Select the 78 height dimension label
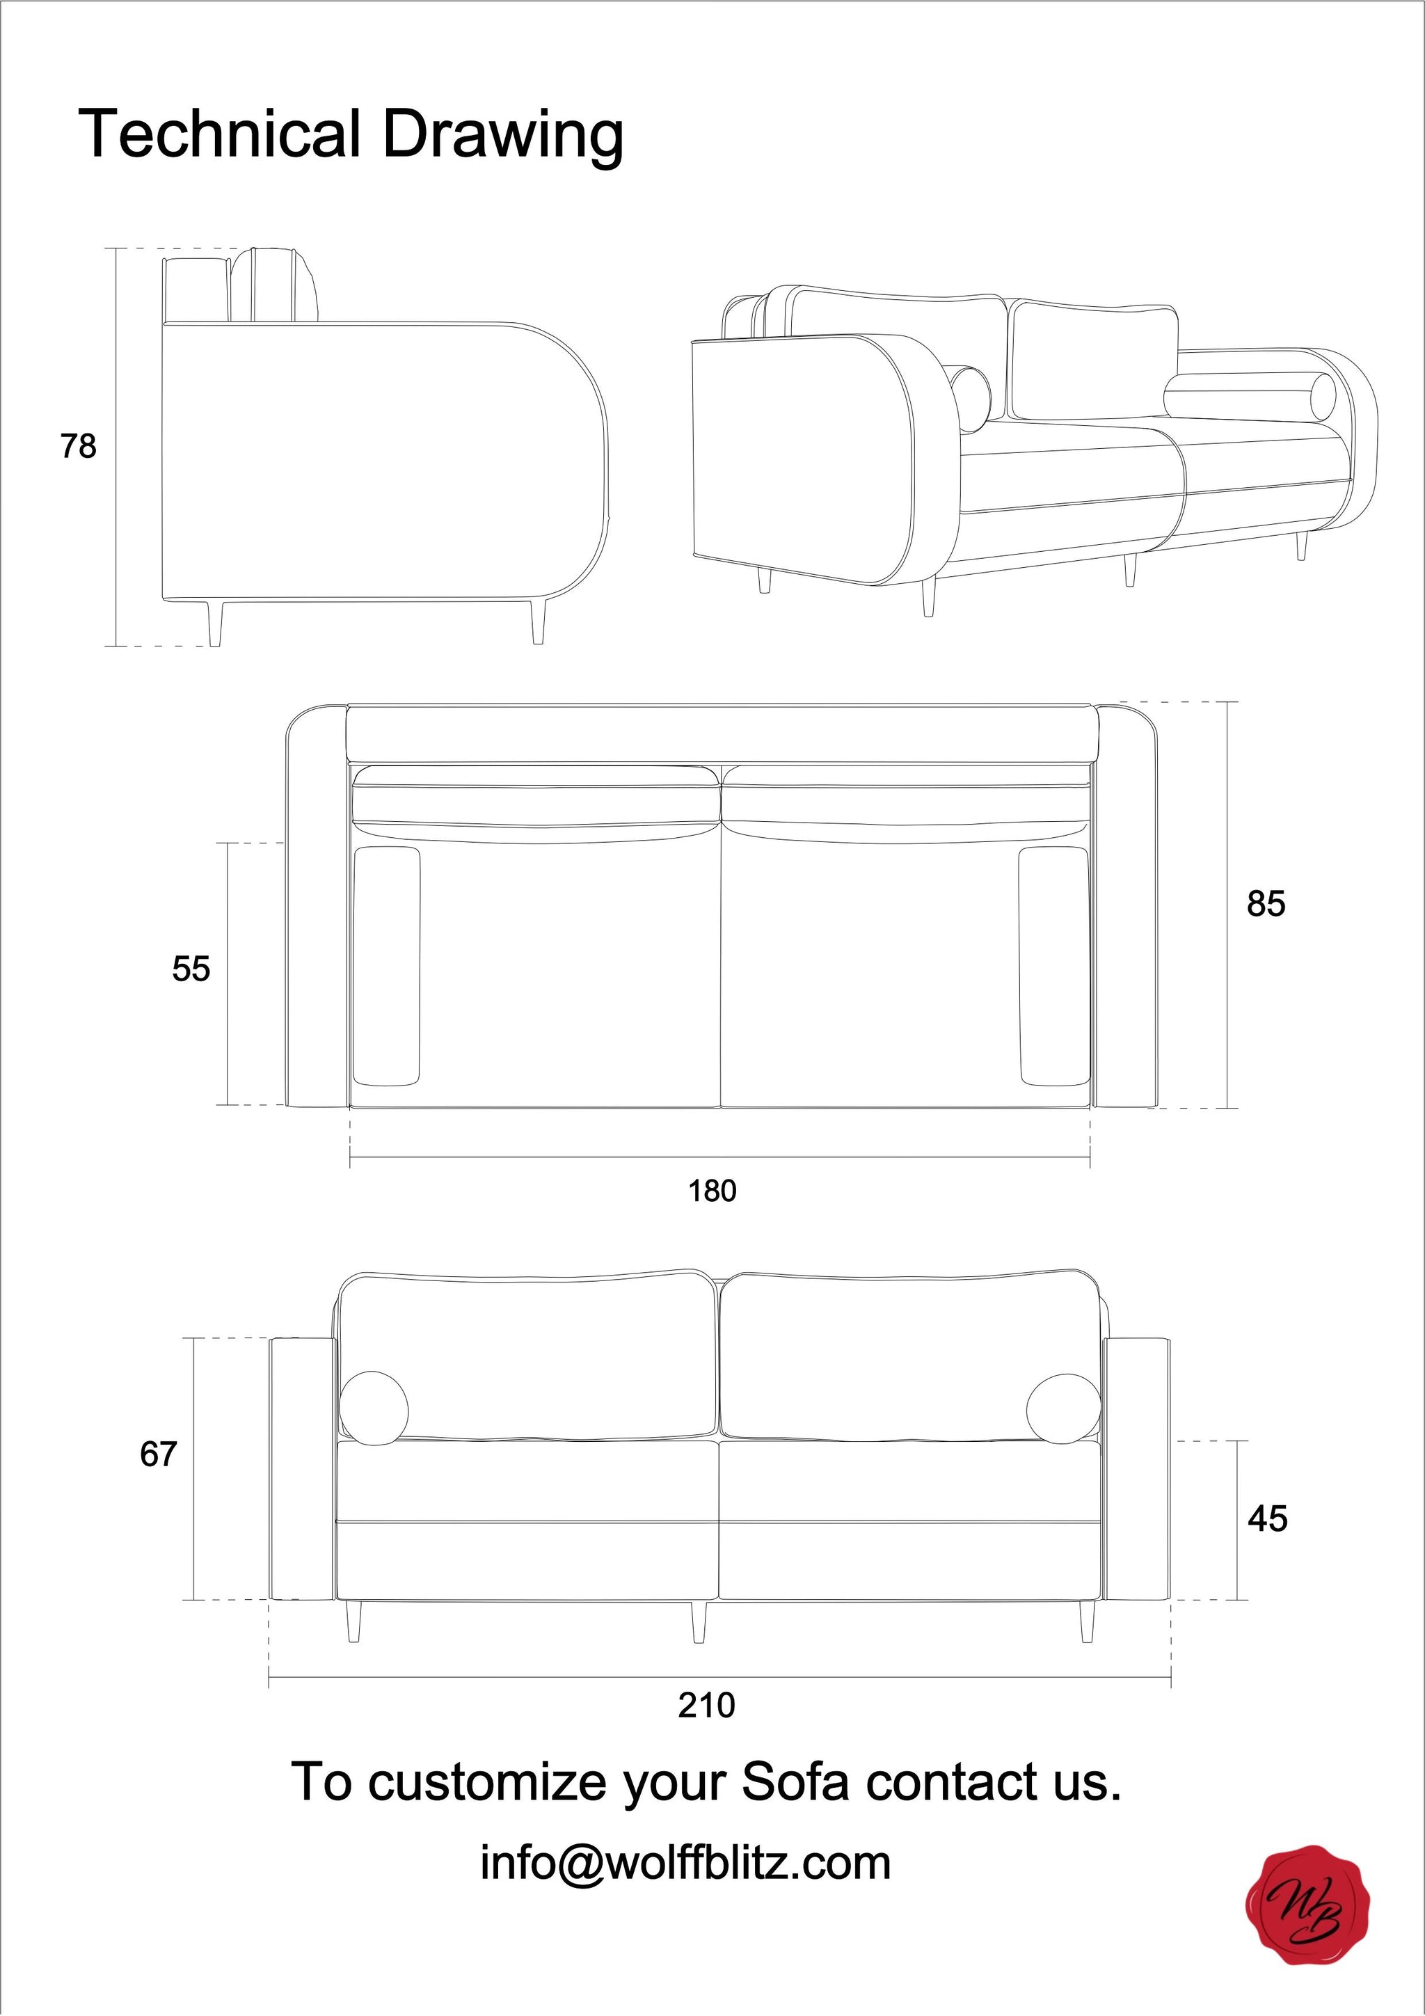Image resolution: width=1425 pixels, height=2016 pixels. (x=78, y=447)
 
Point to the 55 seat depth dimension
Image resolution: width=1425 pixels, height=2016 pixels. (x=191, y=969)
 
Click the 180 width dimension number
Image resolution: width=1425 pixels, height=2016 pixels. (x=711, y=1191)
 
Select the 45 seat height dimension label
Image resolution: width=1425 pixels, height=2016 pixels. (x=1267, y=1519)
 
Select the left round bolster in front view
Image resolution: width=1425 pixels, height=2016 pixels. (x=374, y=1408)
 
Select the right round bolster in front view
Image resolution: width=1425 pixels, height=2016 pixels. (x=1063, y=1409)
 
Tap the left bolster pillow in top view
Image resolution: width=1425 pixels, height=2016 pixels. (x=386, y=966)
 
